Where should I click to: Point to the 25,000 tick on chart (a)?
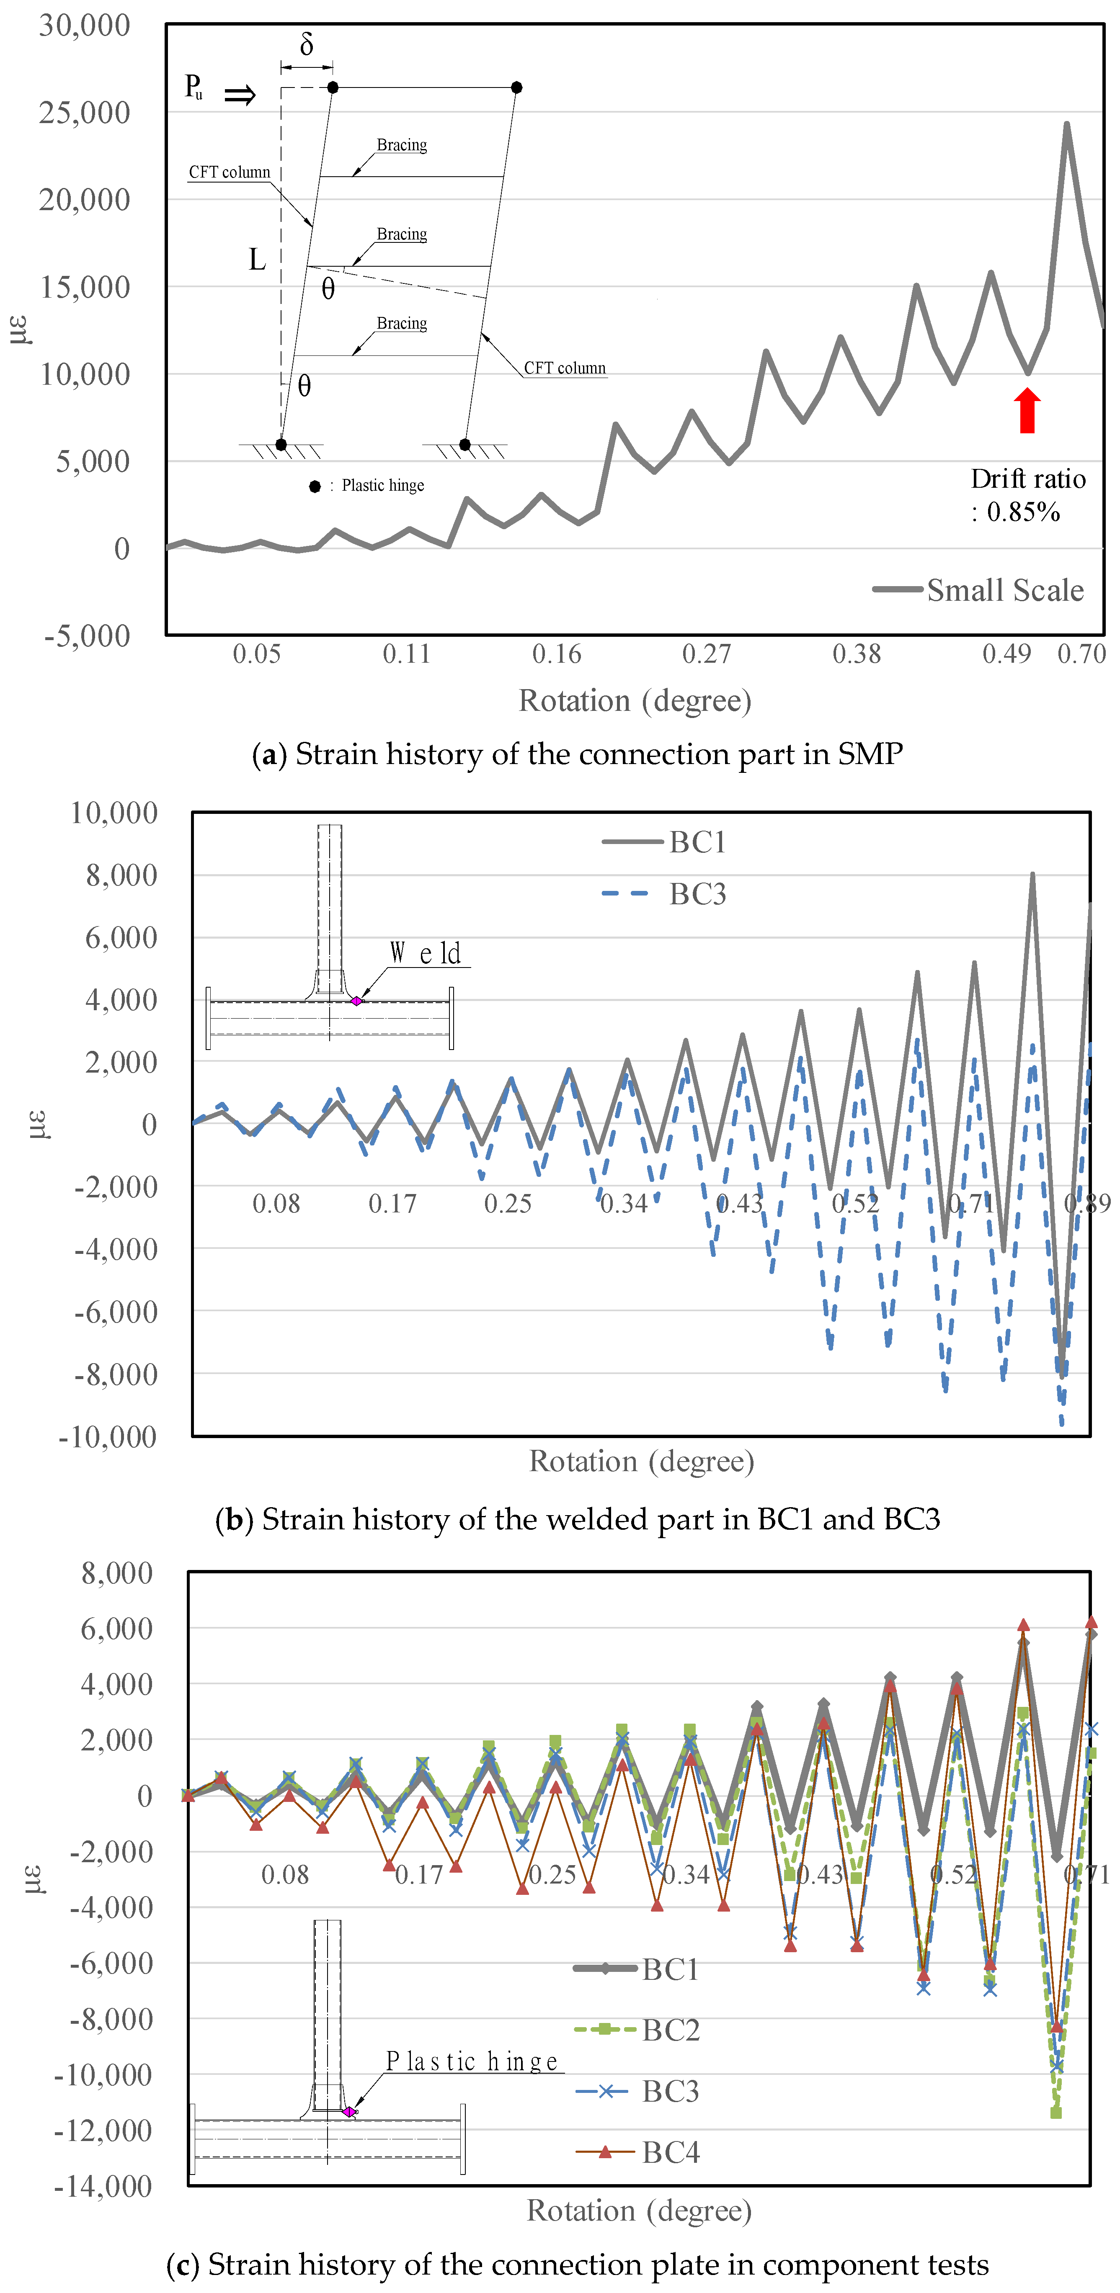point(85,112)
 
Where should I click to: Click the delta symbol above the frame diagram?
point(306,44)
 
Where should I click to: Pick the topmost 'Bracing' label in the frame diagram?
point(402,145)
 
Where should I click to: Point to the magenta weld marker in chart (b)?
point(356,1001)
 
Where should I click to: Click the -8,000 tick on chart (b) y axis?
point(116,1374)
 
